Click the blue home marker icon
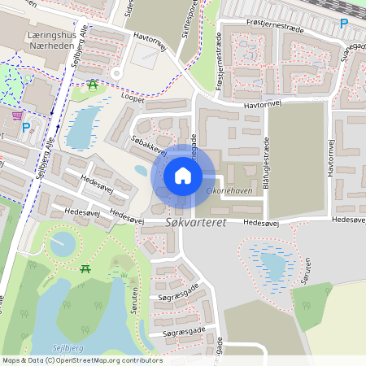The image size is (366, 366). pos(183,175)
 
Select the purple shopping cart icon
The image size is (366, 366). pos(17,115)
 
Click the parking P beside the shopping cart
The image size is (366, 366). pos(27,128)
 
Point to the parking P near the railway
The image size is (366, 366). pos(344,24)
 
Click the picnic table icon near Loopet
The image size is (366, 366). pos(93,84)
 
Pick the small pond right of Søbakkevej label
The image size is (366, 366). pos(142,171)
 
